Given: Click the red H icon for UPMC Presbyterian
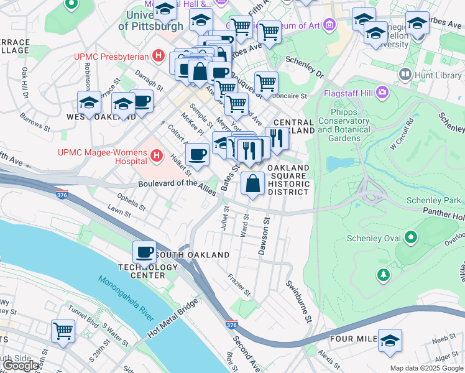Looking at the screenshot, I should click(x=159, y=57).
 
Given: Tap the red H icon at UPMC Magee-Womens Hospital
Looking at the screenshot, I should click(x=157, y=154).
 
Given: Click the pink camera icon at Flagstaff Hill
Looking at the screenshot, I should click(x=382, y=94).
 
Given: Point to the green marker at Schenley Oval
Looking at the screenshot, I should click(x=410, y=237).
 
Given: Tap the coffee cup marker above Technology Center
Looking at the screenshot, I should click(x=145, y=252).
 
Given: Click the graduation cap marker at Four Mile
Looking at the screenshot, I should click(x=390, y=341).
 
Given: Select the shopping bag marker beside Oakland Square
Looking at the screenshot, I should click(x=252, y=184).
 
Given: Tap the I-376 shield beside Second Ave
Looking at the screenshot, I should click(x=232, y=325).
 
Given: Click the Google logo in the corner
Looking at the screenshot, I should click(x=21, y=366).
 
